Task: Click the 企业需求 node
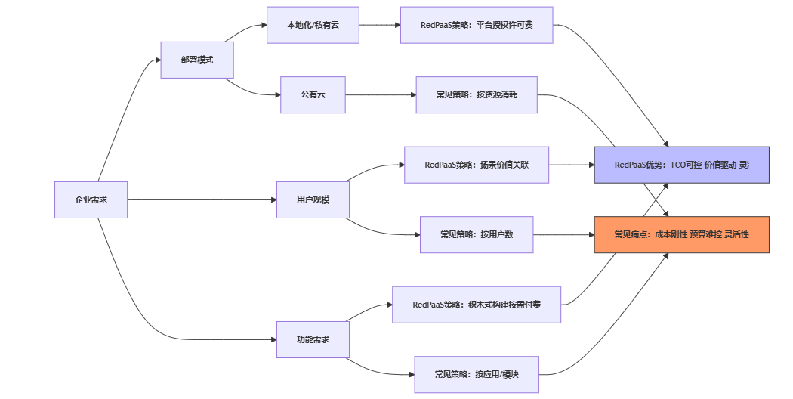click(91, 199)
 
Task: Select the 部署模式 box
click(197, 60)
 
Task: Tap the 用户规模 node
click(313, 199)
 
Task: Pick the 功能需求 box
click(313, 339)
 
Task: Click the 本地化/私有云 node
click(313, 25)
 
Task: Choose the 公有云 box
click(313, 94)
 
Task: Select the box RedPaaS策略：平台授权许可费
click(477, 25)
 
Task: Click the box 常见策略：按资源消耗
click(477, 94)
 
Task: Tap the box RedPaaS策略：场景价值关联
click(477, 165)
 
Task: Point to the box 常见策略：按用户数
click(477, 234)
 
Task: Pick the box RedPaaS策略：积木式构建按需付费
click(477, 305)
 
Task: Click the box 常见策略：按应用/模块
click(477, 374)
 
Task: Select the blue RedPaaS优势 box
click(681, 165)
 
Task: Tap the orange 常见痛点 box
click(681, 234)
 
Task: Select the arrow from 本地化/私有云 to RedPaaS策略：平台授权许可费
click(380, 25)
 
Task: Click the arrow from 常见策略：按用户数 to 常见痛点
click(563, 234)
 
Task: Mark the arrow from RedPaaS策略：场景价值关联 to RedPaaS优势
click(571, 165)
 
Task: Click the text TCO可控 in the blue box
click(685, 165)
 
